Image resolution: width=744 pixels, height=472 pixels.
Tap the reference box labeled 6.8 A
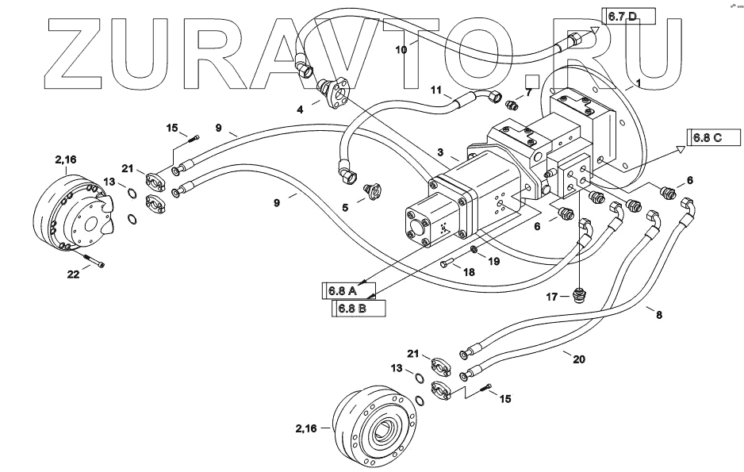coord(347,291)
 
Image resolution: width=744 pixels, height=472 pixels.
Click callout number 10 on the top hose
coord(401,48)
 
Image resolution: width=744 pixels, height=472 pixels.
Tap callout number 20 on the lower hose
coord(579,359)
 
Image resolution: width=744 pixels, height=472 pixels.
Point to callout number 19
coord(493,259)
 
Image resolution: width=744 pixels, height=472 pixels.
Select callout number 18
coord(469,272)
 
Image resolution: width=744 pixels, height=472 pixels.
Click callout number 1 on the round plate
coord(640,83)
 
